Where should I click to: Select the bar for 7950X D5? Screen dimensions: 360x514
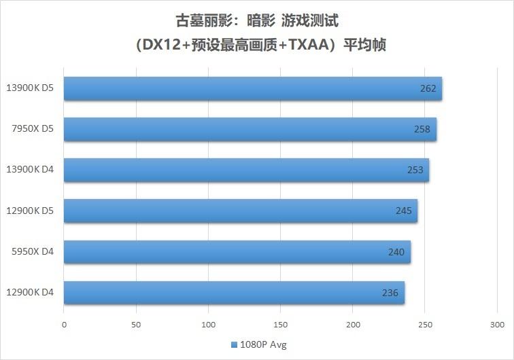tap(250, 129)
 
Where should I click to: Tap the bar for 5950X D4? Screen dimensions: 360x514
tap(237, 252)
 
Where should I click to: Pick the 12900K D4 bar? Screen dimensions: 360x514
tap(234, 293)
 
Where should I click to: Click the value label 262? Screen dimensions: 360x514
tap(428, 88)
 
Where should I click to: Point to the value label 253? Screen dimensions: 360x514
tap(415, 170)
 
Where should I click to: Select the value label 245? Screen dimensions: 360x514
tap(403, 211)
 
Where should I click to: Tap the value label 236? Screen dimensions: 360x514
tap(390, 293)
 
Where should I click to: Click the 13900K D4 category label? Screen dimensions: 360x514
tap(30, 170)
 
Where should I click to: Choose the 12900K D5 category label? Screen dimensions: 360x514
tap(30, 211)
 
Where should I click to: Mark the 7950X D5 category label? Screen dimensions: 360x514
tap(33, 129)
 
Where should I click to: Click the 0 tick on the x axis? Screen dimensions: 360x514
tap(64, 324)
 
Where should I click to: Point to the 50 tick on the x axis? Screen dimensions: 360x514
tap(136, 324)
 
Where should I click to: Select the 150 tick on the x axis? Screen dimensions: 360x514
tap(280, 324)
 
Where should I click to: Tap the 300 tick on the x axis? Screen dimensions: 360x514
tap(496, 324)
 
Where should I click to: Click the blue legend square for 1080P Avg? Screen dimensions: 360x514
tap(234, 344)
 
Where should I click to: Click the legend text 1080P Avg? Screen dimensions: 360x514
tap(263, 344)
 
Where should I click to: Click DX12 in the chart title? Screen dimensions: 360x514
tap(159, 46)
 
